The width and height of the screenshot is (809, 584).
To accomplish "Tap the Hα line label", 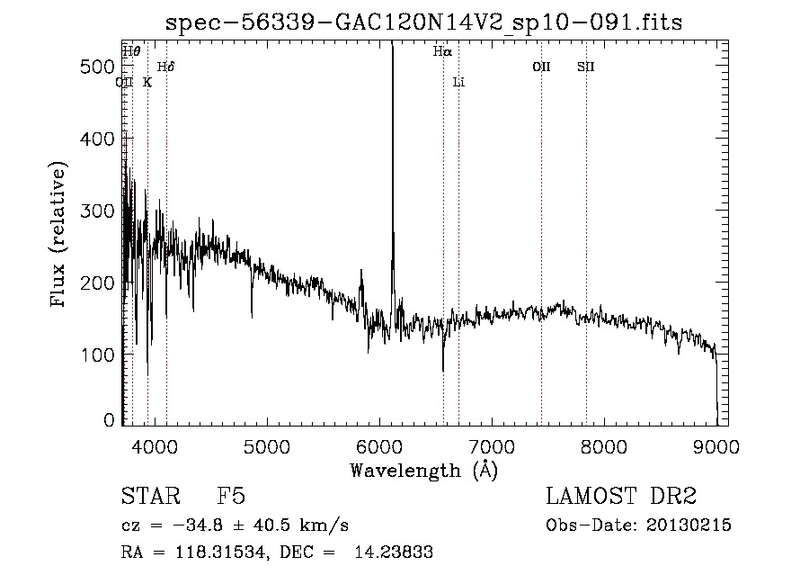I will [441, 52].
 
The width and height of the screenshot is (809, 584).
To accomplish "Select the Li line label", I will [458, 82].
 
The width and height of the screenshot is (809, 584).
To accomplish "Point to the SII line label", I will [586, 67].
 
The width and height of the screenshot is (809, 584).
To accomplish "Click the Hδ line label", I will [165, 67].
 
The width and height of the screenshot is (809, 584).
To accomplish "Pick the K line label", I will [147, 82].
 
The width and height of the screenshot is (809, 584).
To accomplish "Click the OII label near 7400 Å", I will [541, 67].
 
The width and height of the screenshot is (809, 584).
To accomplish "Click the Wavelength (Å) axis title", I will [423, 470].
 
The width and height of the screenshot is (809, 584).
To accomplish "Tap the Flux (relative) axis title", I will [60, 236].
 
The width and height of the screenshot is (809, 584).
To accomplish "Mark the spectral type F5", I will [232, 497].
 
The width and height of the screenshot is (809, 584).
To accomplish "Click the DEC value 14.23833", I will [397, 553].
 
